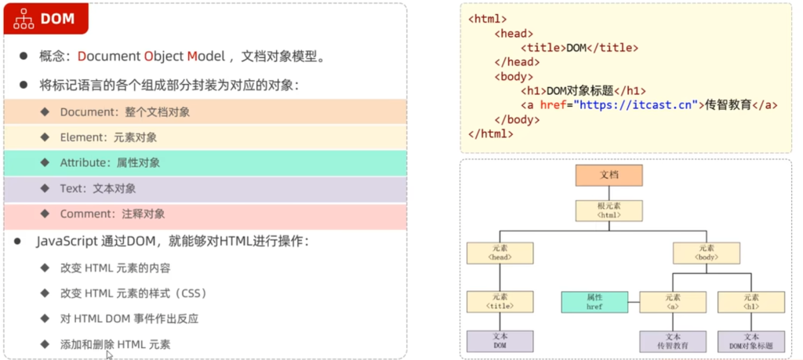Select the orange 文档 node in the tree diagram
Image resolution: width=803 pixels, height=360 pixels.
pyautogui.click(x=609, y=175)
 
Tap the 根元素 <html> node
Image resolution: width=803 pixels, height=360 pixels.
pyautogui.click(x=609, y=210)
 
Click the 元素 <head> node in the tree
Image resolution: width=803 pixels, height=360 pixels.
pyautogui.click(x=500, y=253)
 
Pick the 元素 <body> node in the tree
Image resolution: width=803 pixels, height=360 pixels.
pyautogui.click(x=706, y=253)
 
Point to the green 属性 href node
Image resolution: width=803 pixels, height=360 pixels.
pyautogui.click(x=594, y=302)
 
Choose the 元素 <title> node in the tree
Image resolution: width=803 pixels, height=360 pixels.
pyautogui.click(x=500, y=302)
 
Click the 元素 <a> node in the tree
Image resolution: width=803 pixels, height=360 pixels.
pyautogui.click(x=673, y=302)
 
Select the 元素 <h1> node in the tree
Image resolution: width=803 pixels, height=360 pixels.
pyautogui.click(x=750, y=302)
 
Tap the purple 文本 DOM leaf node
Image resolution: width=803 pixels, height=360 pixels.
pyautogui.click(x=500, y=341)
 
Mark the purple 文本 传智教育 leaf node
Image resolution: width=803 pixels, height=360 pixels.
pyautogui.click(x=673, y=341)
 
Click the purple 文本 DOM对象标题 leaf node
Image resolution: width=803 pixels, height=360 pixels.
pyautogui.click(x=750, y=341)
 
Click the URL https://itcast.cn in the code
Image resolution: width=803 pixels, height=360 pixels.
pyautogui.click(x=636, y=104)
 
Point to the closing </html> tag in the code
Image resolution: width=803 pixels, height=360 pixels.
pyautogui.click(x=491, y=133)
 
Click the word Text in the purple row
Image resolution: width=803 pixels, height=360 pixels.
pyautogui.click(x=71, y=188)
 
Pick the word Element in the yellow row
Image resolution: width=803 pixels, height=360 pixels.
pyautogui.click(x=82, y=137)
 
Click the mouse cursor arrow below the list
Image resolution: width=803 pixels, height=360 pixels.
pyautogui.click(x=109, y=355)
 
